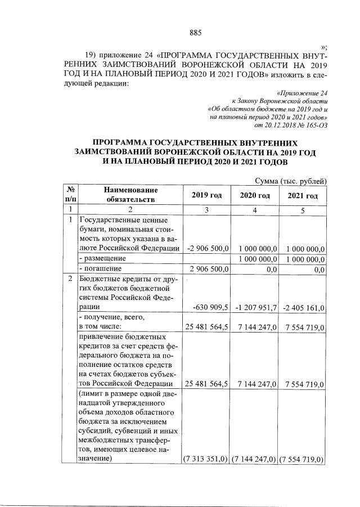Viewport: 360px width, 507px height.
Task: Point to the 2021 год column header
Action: [x=303, y=196]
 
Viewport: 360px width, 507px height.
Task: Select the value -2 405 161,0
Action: [x=304, y=307]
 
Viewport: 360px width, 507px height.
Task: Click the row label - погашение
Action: [x=101, y=269]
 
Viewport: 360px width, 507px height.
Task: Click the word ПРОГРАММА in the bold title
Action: [x=128, y=143]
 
